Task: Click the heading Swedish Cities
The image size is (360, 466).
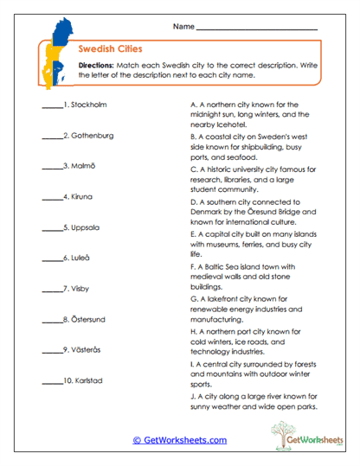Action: coord(110,49)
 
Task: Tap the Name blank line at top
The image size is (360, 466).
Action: coord(256,29)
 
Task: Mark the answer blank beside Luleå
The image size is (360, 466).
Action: coord(51,259)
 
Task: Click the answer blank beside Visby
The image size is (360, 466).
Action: coord(51,289)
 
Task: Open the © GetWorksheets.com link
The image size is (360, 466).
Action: coord(180,439)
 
